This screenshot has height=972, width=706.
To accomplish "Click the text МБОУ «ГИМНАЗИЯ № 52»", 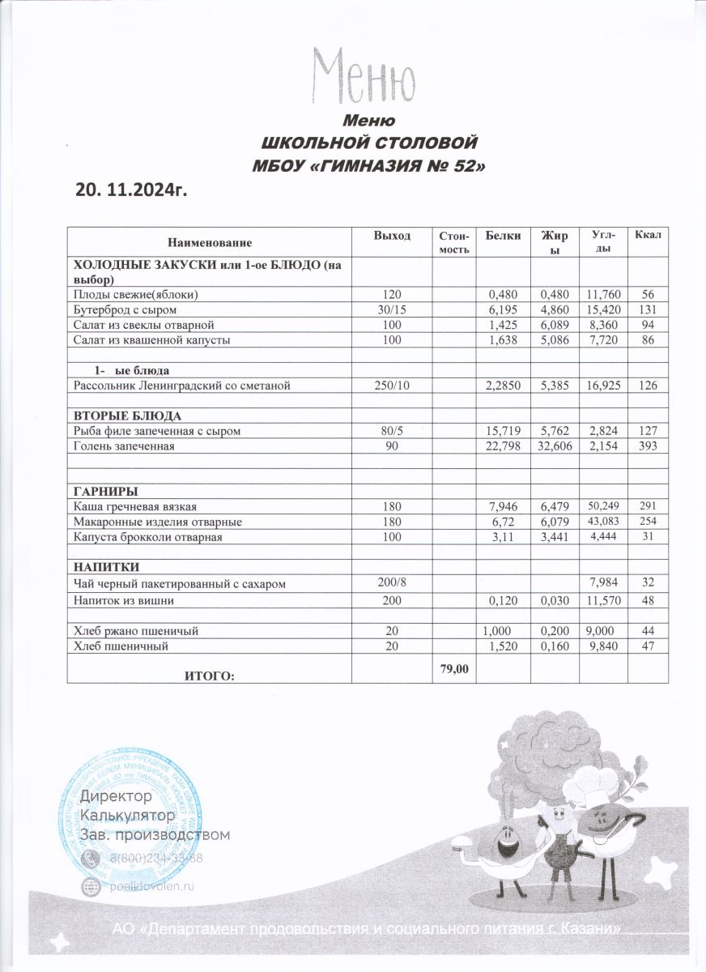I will (x=370, y=166).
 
